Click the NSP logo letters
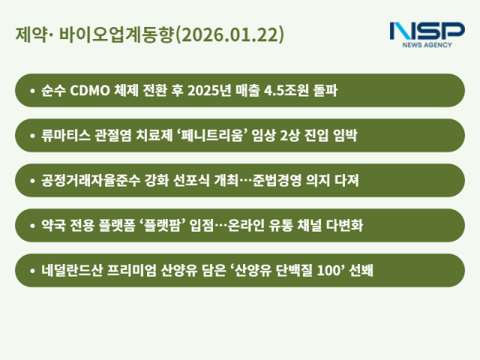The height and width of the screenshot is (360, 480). [x=427, y=31]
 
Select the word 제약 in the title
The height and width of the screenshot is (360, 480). [x=28, y=35]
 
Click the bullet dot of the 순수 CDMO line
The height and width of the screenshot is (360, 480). [x=32, y=91]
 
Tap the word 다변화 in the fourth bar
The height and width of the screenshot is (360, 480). [x=344, y=225]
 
